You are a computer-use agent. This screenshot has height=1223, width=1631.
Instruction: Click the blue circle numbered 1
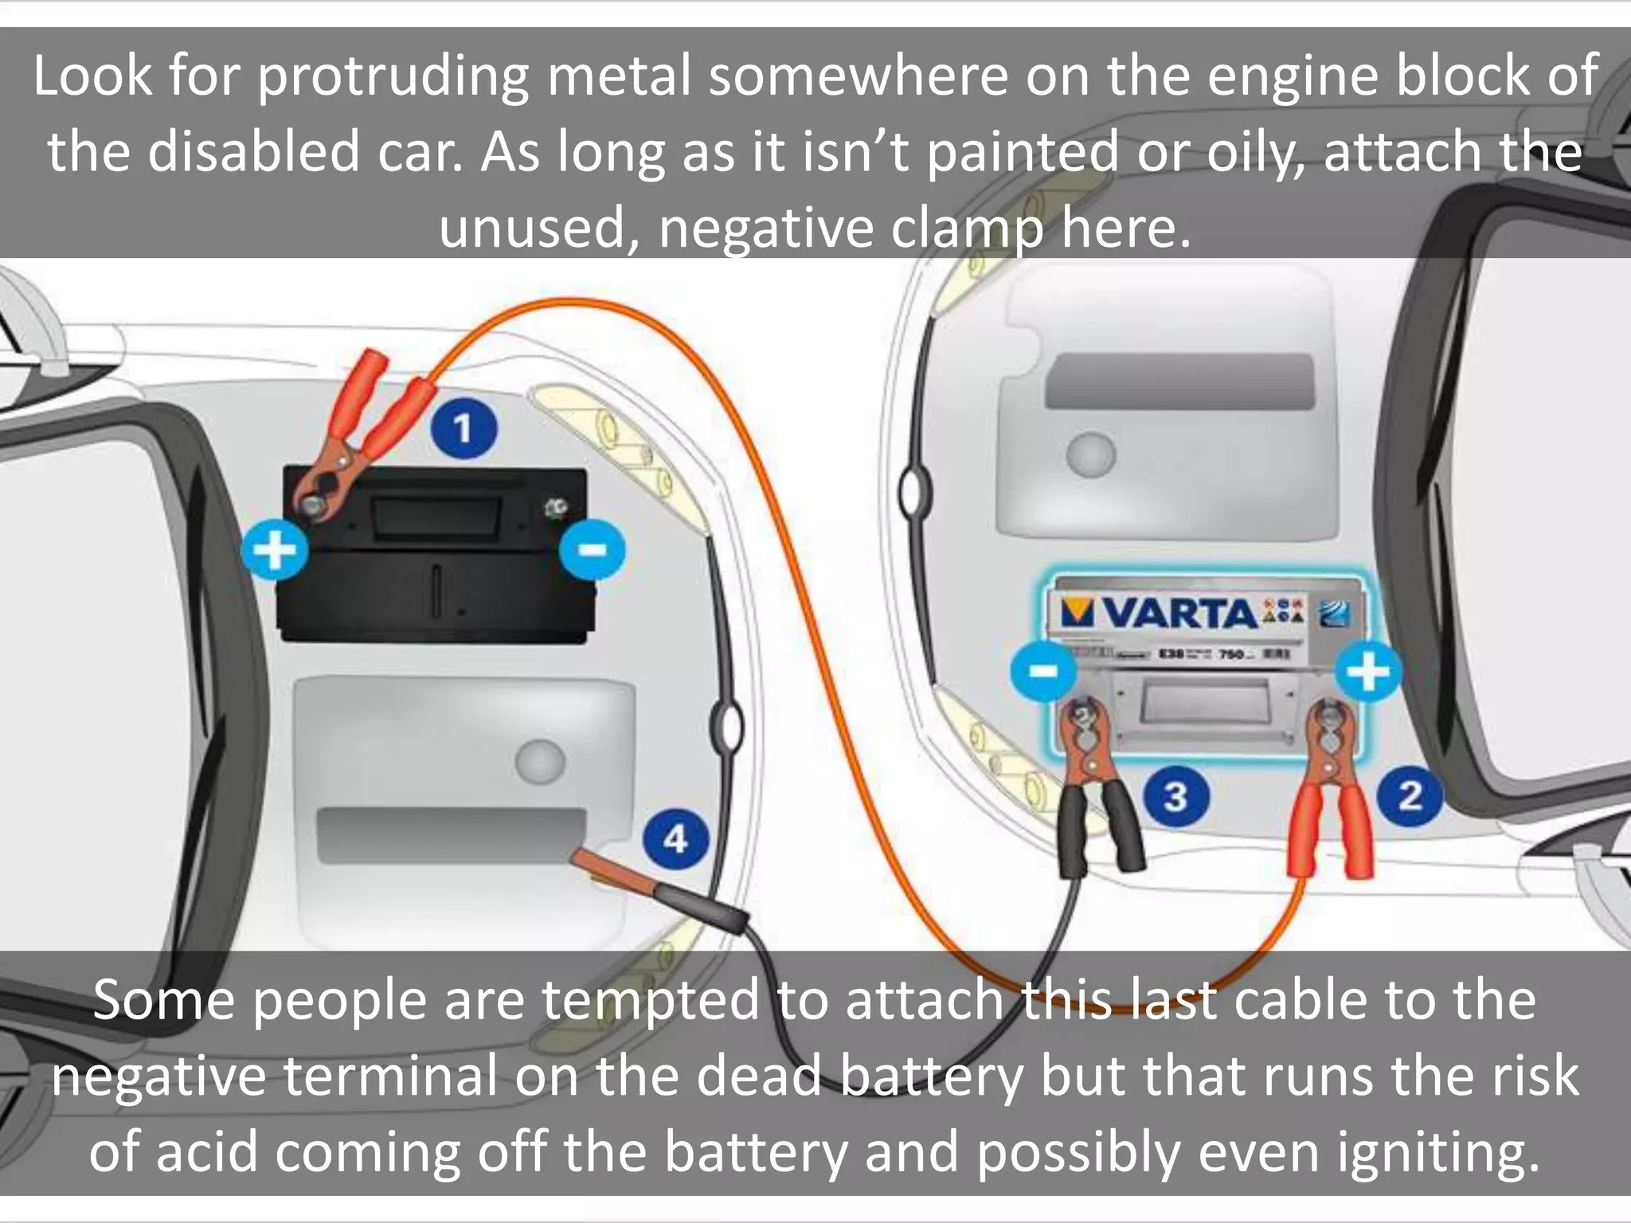pyautogui.click(x=464, y=428)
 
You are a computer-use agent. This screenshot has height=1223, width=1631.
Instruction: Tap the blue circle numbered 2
pyautogui.click(x=1410, y=795)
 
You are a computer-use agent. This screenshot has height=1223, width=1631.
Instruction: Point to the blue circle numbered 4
pyautogui.click(x=675, y=839)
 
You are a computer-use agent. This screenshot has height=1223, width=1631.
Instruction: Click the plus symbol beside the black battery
pyautogui.click(x=275, y=550)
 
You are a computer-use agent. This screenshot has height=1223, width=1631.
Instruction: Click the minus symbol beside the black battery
pyautogui.click(x=592, y=550)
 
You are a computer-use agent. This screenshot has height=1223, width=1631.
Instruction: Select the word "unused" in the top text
pyautogui.click(x=538, y=229)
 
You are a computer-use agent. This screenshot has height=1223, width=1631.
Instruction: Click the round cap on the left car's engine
pyautogui.click(x=540, y=762)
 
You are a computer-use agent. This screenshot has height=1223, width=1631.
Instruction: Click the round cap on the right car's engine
pyautogui.click(x=1091, y=455)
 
